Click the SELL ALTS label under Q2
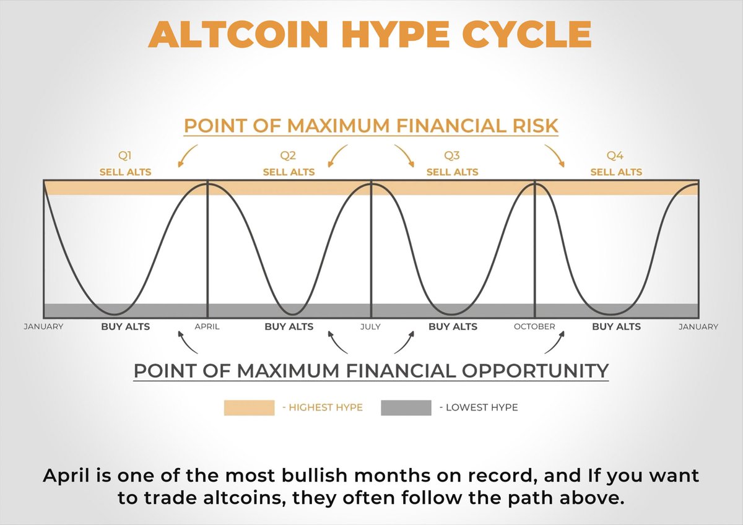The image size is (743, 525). click(289, 171)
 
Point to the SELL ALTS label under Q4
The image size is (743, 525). click(616, 171)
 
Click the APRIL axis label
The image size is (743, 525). click(207, 327)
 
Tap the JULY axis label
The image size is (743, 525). click(370, 327)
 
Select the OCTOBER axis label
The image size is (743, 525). click(534, 327)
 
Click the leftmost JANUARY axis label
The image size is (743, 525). click(43, 327)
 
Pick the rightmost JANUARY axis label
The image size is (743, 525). click(698, 327)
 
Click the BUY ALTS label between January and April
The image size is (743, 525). click(125, 326)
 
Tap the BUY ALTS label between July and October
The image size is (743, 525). click(453, 326)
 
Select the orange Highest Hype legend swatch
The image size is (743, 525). click(249, 407)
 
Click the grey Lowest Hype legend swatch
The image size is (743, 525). click(406, 407)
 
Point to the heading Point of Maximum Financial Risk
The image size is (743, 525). click(371, 126)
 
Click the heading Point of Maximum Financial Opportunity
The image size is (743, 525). click(371, 371)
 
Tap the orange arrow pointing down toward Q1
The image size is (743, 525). click(188, 156)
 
